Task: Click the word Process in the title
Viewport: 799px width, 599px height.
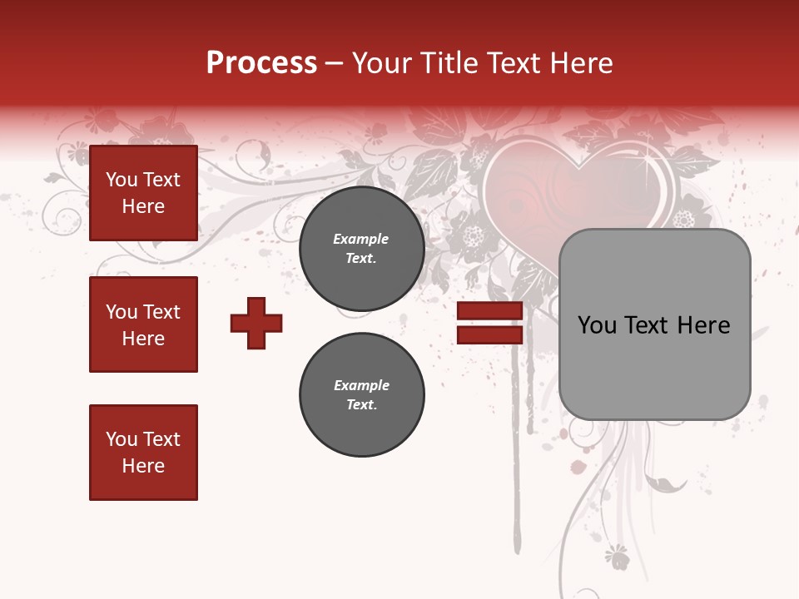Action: coord(261,63)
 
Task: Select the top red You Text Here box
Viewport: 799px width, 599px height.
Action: coord(143,193)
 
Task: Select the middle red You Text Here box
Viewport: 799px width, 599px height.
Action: coord(143,324)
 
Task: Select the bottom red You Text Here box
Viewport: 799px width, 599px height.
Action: coord(143,453)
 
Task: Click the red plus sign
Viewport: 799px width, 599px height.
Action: coord(256,323)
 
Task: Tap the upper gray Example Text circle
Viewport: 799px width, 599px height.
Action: coord(361,249)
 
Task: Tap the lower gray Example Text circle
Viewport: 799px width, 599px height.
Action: coord(361,395)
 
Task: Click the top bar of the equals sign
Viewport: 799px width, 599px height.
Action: coord(489,311)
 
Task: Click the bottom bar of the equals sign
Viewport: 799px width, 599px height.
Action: coord(489,334)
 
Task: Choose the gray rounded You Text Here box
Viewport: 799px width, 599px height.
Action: coord(654,324)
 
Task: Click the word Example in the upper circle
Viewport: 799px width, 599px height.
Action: coord(361,239)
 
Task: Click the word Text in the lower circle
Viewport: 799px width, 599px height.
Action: coord(361,405)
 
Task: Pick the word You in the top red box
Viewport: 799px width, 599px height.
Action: coord(122,180)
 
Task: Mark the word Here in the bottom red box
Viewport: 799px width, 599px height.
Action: coord(143,466)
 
